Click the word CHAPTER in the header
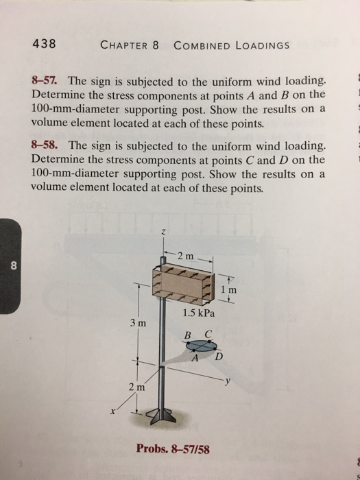124,46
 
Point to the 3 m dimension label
136,322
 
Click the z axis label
163,234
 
